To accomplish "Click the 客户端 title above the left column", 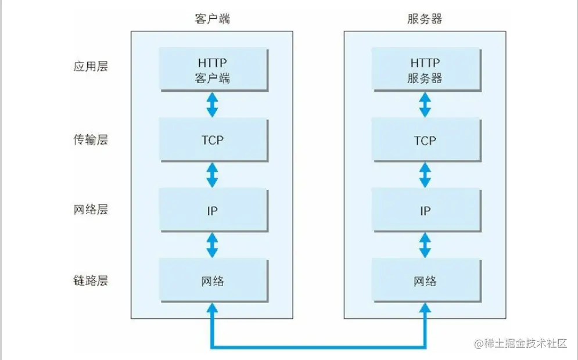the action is pyautogui.click(x=213, y=19).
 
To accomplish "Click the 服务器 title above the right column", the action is pyautogui.click(x=425, y=19).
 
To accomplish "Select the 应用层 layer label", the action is pyautogui.click(x=91, y=66).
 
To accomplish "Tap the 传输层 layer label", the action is pyautogui.click(x=91, y=140).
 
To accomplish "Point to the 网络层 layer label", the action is pyautogui.click(x=91, y=209).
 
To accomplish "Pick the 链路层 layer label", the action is pyautogui.click(x=91, y=280).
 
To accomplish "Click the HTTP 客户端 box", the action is pyautogui.click(x=214, y=70).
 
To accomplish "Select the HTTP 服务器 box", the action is pyautogui.click(x=426, y=70).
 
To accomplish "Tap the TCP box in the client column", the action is pyautogui.click(x=214, y=140).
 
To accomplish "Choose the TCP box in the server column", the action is pyautogui.click(x=426, y=140).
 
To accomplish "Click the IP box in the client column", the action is pyautogui.click(x=214, y=210).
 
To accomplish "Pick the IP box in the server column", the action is pyautogui.click(x=426, y=210).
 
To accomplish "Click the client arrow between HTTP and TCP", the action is pyautogui.click(x=212, y=105).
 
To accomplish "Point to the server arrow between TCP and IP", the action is pyautogui.click(x=425, y=175).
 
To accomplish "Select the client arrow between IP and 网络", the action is pyautogui.click(x=212, y=245).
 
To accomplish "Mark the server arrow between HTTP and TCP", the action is pyautogui.click(x=425, y=105).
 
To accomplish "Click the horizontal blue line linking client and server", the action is pyautogui.click(x=318, y=347).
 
